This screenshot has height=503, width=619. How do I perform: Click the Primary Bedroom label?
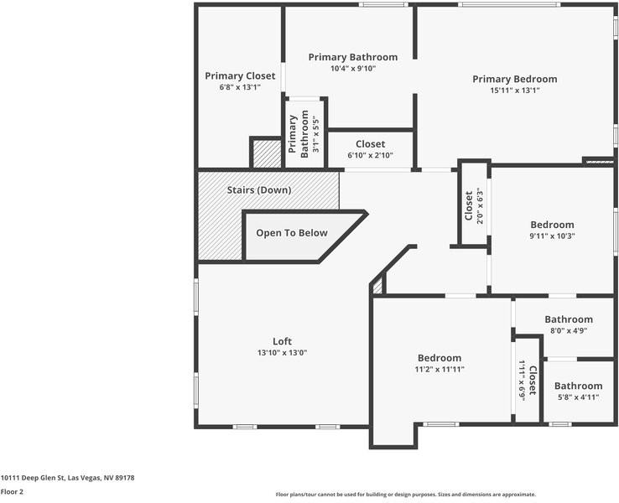515,80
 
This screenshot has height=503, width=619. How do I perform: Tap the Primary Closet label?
240,76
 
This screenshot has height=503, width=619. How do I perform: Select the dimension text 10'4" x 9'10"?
353,68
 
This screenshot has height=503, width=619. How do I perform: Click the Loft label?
283,341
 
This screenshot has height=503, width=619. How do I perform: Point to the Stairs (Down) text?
259,190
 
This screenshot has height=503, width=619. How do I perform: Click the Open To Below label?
292,233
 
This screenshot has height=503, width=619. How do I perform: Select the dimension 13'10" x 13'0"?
283,353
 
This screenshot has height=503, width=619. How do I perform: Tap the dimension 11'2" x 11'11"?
440,369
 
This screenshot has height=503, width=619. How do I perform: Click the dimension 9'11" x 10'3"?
552,236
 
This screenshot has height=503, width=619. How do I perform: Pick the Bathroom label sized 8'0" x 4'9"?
569,319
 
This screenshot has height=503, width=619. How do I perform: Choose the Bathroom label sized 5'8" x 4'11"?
579,386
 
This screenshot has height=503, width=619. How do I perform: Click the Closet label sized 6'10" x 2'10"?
370,144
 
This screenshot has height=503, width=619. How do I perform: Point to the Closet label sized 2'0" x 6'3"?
469,206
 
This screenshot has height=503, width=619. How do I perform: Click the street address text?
67,478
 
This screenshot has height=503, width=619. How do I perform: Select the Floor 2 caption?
12,491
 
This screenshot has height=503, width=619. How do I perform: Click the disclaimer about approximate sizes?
406,495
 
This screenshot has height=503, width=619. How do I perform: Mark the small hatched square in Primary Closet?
268,154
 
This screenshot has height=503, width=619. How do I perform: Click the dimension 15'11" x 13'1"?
515,91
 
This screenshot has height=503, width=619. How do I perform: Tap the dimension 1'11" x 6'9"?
522,381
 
